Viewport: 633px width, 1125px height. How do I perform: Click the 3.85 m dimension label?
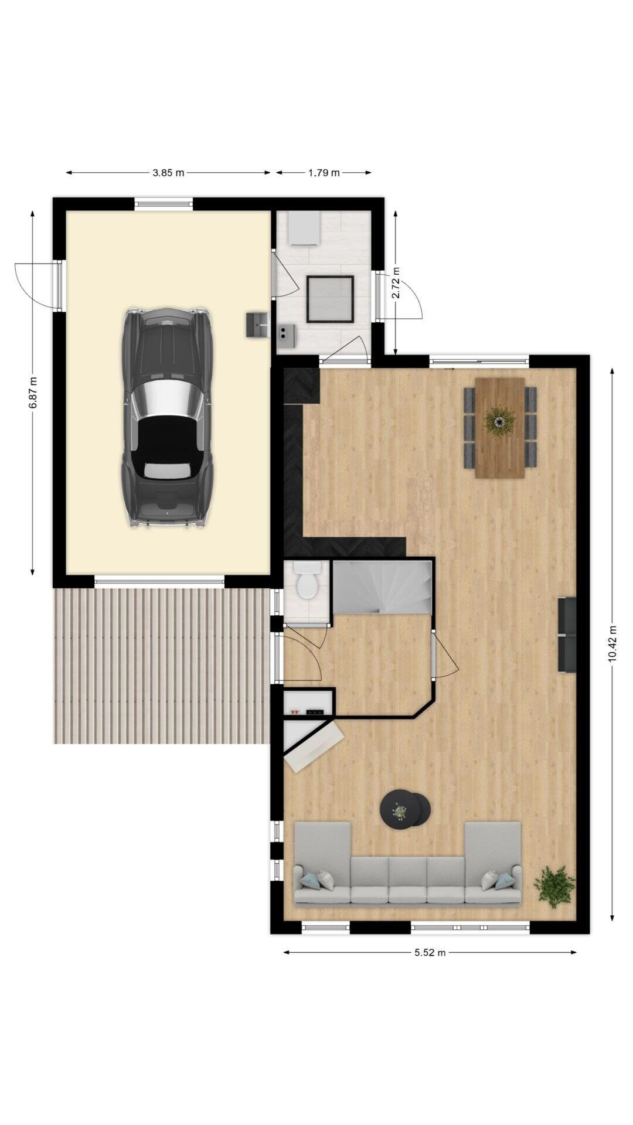click(168, 173)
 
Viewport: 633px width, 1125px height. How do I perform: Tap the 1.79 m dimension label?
click(324, 173)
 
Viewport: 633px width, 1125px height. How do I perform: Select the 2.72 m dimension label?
click(396, 283)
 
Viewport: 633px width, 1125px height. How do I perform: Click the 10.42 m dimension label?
click(612, 643)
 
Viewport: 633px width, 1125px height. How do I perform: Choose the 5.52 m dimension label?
click(430, 952)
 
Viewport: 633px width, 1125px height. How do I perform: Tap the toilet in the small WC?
click(307, 581)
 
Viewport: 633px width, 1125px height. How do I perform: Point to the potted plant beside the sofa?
click(554, 886)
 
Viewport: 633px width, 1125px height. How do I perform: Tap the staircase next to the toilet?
click(382, 587)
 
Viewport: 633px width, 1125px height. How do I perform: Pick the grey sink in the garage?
click(257, 325)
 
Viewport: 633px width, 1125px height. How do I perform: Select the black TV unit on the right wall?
click(567, 635)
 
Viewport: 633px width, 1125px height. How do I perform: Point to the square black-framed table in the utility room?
click(331, 299)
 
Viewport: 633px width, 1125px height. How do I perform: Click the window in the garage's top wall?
click(164, 204)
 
